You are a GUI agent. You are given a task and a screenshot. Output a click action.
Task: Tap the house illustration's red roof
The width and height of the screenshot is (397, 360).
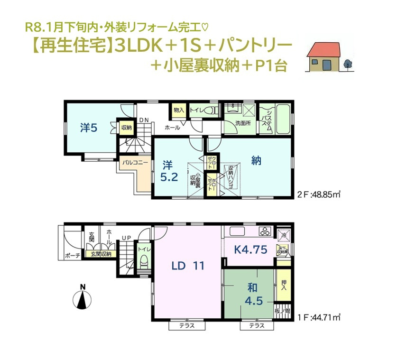tap(325, 47)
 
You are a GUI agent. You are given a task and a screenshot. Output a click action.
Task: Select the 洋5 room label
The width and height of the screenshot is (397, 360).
tap(89, 128)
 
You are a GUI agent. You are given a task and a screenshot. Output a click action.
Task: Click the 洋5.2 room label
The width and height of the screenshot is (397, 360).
tap(169, 171)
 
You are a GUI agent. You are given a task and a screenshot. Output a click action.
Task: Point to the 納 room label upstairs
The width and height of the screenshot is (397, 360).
tap(256, 161)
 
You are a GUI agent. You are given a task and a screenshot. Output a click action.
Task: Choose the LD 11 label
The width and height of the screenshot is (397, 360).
tap(188, 266)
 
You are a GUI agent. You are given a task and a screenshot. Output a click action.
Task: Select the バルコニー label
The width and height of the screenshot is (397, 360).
tap(135, 162)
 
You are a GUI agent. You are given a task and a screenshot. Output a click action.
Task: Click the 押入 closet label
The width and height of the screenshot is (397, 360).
tap(284, 285)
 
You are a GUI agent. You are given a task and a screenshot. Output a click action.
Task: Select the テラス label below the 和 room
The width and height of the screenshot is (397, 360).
tap(256, 326)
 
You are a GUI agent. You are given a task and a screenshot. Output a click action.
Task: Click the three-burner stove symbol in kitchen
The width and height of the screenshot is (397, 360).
tap(264, 232)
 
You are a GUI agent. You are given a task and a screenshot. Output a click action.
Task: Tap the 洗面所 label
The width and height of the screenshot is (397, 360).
tap(243, 123)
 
